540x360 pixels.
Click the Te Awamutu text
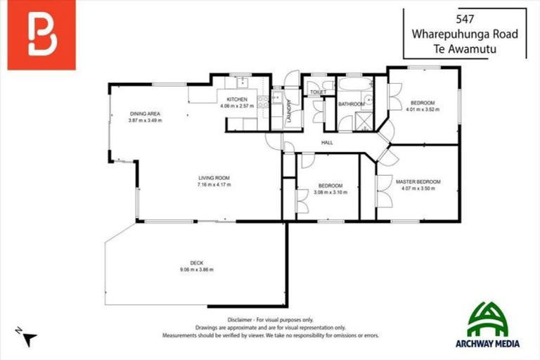(465, 49)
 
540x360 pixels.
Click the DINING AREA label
(145, 114)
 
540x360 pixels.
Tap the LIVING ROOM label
(214, 178)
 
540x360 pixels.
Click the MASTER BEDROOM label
(418, 181)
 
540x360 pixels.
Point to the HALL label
(327, 143)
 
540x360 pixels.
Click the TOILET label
(319, 92)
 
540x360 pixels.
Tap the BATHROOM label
(351, 105)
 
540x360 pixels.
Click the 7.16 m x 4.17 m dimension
(214, 185)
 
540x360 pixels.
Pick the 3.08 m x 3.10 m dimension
(326, 192)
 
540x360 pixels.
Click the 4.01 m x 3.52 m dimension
(422, 109)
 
